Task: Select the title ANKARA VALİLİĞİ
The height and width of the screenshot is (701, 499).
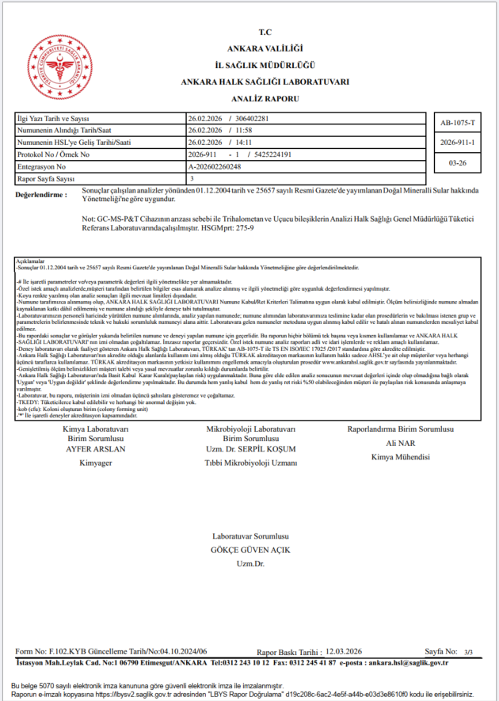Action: click(265, 49)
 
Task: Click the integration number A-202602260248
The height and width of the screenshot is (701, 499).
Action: click(225, 167)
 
